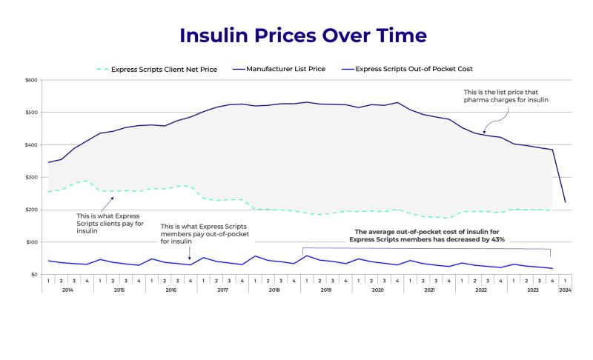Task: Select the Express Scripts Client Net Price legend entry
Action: click(164, 70)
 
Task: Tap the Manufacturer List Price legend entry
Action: click(285, 70)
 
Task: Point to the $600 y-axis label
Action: click(31, 80)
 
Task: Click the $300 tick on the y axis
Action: click(31, 177)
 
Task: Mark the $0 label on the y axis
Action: click(33, 275)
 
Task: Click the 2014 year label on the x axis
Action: click(67, 290)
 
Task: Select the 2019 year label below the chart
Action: click(326, 290)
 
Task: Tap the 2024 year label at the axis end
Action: click(565, 290)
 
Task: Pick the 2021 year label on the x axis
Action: click(429, 290)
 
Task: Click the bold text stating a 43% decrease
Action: click(425, 236)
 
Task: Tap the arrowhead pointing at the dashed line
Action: click(113, 199)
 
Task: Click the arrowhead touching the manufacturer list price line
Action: click(483, 132)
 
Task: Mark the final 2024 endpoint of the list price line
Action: click(565, 202)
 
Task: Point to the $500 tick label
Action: click(31, 113)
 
